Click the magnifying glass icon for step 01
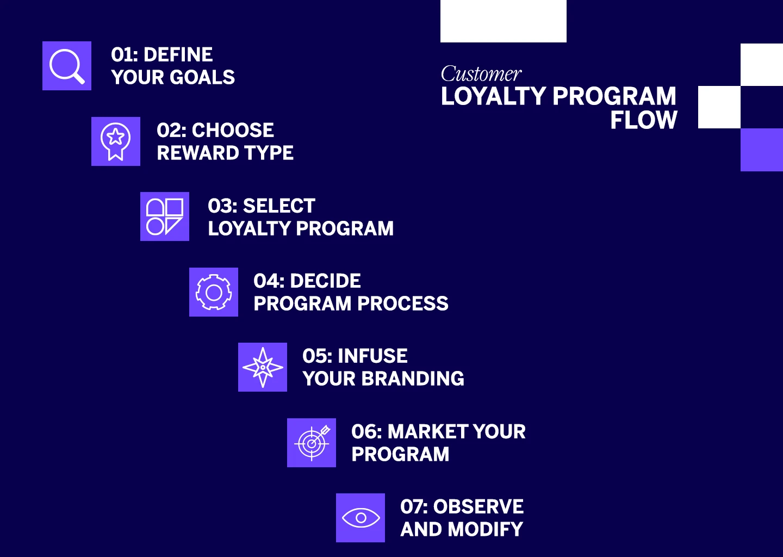(67, 66)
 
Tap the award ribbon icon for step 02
(116, 141)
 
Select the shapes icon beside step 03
(165, 216)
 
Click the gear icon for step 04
(214, 292)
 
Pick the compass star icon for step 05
(263, 367)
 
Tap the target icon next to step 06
(312, 443)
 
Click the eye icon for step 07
(361, 518)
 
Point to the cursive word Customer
(481, 74)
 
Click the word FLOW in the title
(644, 120)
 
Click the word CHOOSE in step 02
(233, 130)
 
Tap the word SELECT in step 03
(279, 206)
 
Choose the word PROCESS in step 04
(403, 303)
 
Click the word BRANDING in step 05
(413, 379)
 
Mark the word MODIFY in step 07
(486, 529)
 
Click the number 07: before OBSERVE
(414, 506)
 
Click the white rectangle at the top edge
(504, 21)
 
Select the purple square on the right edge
(762, 150)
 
